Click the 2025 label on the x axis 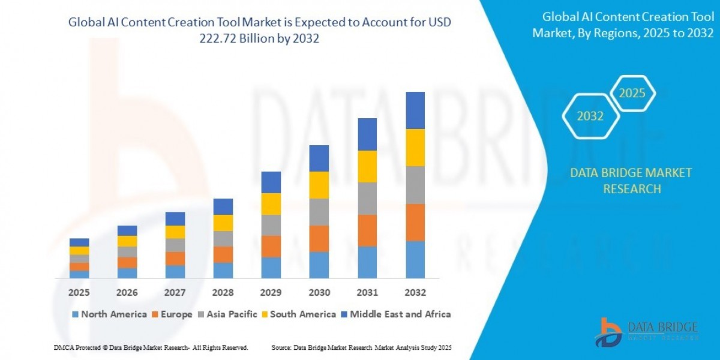click(79, 293)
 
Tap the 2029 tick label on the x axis click(271, 293)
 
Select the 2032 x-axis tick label click(415, 293)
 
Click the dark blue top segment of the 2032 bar click(415, 110)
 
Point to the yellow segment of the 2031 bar click(367, 166)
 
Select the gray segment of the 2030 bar click(319, 212)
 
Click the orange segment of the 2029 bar click(271, 246)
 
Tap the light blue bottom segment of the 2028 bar click(223, 271)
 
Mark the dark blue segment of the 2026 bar click(127, 230)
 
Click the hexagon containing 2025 click(632, 94)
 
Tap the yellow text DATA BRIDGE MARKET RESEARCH click(631, 181)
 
